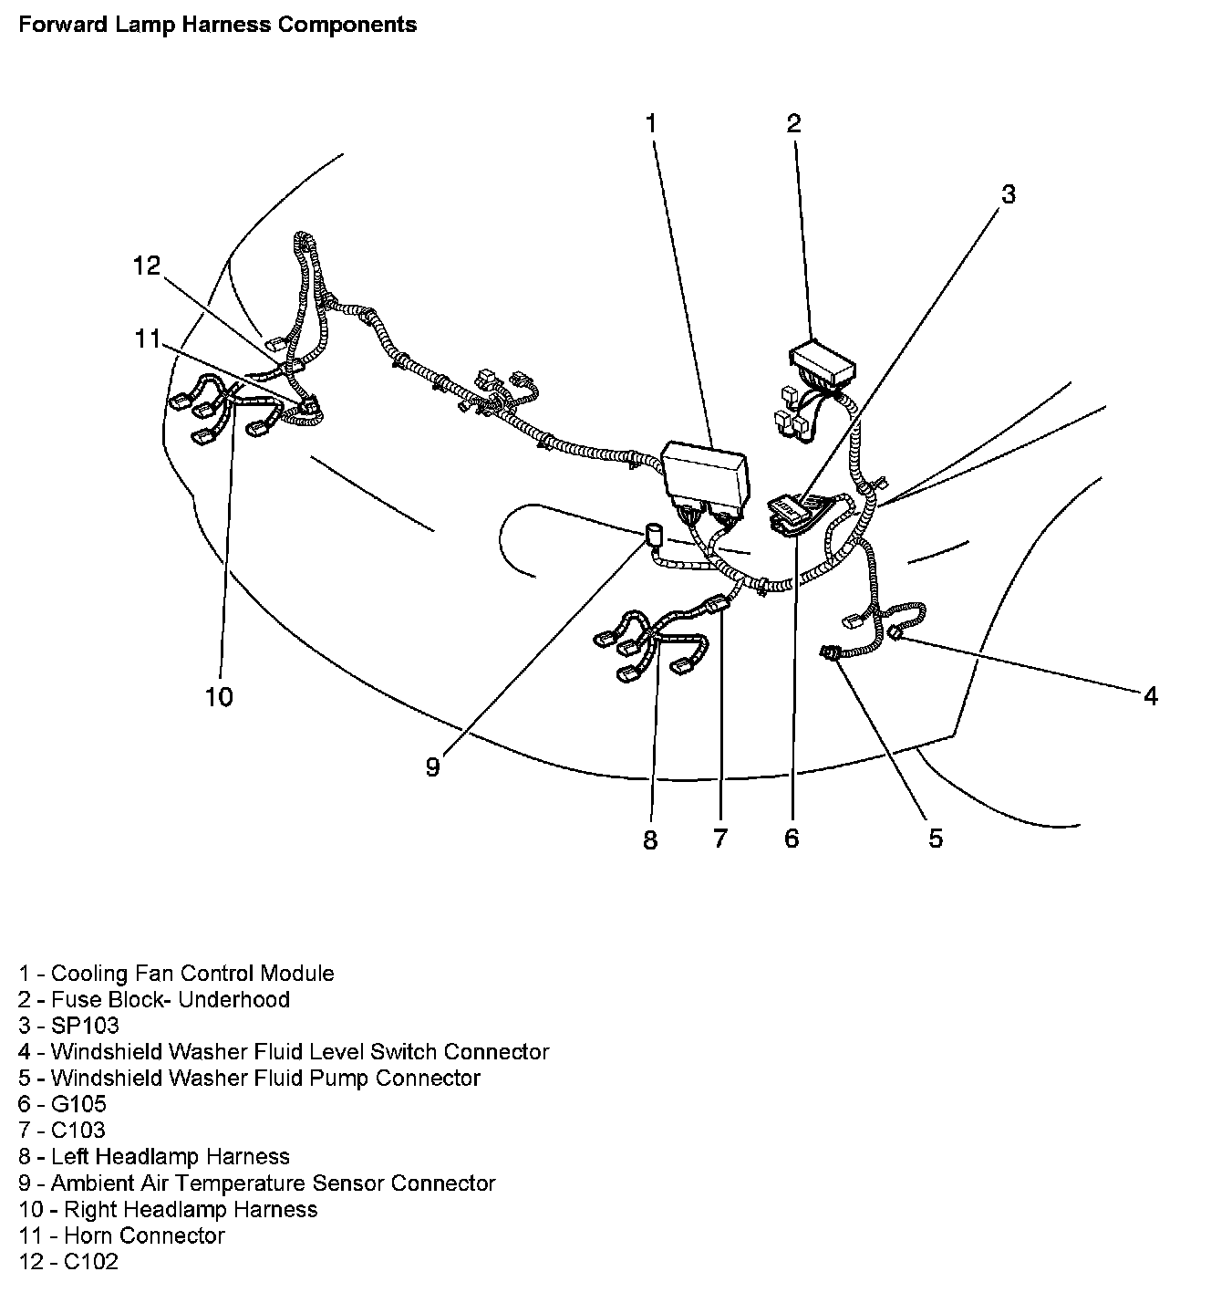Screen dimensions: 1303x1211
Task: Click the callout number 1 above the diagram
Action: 651,123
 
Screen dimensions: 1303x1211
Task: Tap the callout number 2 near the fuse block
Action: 793,123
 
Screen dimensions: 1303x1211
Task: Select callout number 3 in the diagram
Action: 1008,193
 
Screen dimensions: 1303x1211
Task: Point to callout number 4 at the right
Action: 1151,695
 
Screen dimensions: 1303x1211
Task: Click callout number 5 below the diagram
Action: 936,838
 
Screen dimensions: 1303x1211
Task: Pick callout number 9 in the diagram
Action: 432,767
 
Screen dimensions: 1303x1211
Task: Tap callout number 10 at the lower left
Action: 219,697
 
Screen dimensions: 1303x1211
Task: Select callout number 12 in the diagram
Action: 146,266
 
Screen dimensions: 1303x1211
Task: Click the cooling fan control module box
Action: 709,472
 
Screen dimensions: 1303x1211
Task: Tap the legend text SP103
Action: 84,1026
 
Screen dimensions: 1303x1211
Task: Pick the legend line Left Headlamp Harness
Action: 170,1157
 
